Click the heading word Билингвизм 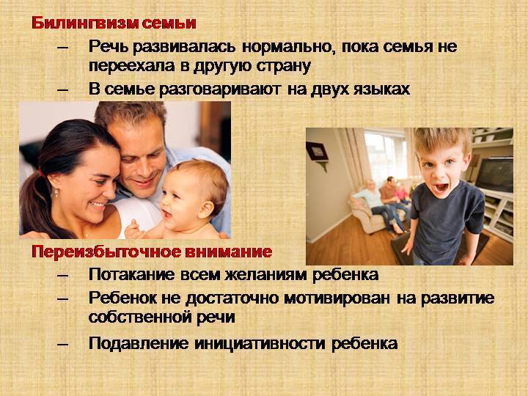coord(85,23)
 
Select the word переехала coord(132,66)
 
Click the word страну coord(283,66)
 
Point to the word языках coord(381,89)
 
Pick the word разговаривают coord(219,89)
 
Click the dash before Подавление coord(62,344)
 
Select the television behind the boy coord(494,174)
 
